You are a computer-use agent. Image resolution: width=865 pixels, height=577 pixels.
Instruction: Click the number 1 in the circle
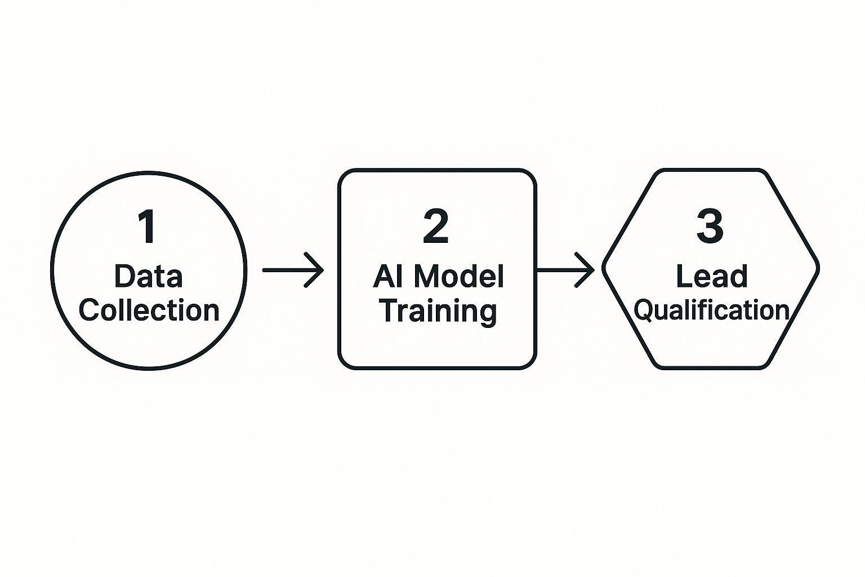[147, 227]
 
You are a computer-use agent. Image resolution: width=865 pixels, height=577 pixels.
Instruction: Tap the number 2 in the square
[436, 227]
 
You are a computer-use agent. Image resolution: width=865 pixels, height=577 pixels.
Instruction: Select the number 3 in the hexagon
[710, 227]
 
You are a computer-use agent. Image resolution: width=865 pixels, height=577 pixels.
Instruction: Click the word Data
[148, 277]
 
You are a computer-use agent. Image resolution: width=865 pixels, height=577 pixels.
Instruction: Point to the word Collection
[149, 310]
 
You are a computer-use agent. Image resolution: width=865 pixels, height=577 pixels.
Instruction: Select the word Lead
[711, 277]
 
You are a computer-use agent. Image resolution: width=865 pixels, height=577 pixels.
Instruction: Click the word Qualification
[711, 310]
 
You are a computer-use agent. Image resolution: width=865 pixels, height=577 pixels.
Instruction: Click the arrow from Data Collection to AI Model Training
[293, 270]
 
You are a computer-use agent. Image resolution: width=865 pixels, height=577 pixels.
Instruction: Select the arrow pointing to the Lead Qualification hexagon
[565, 270]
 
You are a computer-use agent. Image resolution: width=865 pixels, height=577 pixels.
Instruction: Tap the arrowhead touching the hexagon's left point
[587, 270]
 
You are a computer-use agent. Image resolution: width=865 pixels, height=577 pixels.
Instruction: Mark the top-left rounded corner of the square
[344, 175]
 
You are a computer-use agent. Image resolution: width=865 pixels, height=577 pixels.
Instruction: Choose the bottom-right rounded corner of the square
[529, 363]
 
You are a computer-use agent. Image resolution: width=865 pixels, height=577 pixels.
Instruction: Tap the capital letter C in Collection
[89, 310]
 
